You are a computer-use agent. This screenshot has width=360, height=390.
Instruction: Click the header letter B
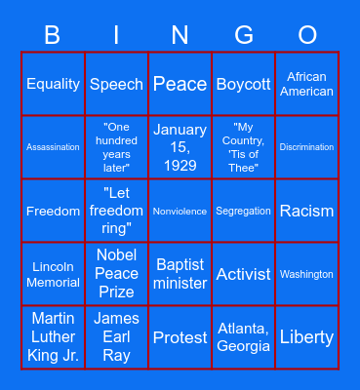(53, 36)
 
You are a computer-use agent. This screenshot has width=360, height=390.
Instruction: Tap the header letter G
(244, 36)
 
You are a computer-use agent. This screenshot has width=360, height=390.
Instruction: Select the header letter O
(307, 36)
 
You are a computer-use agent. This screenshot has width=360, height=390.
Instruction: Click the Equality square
(53, 84)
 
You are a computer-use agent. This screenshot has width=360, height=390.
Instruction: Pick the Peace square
(180, 84)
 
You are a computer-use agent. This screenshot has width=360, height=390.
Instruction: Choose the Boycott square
(244, 84)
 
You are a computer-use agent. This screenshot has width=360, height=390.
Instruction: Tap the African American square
(307, 84)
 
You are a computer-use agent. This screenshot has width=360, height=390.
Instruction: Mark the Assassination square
(53, 147)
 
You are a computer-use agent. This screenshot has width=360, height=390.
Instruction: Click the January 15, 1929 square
(180, 147)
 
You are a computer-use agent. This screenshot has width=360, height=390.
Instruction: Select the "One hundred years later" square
(116, 147)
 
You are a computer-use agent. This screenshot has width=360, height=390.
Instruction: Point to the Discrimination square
(307, 147)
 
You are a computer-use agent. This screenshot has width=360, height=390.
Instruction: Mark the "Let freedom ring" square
(116, 211)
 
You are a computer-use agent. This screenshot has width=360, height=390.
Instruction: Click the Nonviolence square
(180, 211)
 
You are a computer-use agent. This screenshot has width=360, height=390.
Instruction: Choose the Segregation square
(244, 211)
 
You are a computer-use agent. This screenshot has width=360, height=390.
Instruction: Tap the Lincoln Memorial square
(53, 274)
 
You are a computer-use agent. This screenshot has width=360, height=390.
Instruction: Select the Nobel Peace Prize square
(116, 274)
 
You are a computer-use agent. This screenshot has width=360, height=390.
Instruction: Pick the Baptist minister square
(180, 274)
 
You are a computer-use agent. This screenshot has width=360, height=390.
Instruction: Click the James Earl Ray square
(116, 337)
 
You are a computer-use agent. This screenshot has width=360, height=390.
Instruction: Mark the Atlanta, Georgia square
(244, 337)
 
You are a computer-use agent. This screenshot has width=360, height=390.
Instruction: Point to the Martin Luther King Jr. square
(53, 337)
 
